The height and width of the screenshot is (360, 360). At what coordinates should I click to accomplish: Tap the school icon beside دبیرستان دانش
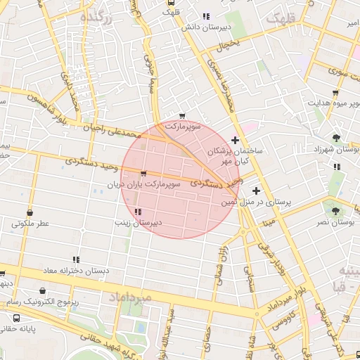click(205, 16)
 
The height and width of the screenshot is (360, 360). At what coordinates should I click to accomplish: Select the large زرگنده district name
click(96, 18)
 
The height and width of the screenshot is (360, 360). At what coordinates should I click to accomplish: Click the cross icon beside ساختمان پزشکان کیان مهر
click(235, 141)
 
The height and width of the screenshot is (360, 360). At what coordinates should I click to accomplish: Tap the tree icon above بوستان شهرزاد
click(337, 138)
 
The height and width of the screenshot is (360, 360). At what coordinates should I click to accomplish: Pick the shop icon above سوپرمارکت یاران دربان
click(143, 173)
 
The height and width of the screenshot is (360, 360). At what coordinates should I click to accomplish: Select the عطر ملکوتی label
click(30, 224)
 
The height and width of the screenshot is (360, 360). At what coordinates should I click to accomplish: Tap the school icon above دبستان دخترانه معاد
click(75, 259)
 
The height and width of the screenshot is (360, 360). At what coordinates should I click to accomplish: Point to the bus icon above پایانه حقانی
click(16, 318)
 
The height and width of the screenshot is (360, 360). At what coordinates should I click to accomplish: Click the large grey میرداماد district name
click(129, 298)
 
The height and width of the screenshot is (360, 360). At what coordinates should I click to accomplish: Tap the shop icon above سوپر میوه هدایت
click(335, 92)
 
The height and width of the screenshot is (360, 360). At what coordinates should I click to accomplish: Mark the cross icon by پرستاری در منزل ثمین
click(256, 191)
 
